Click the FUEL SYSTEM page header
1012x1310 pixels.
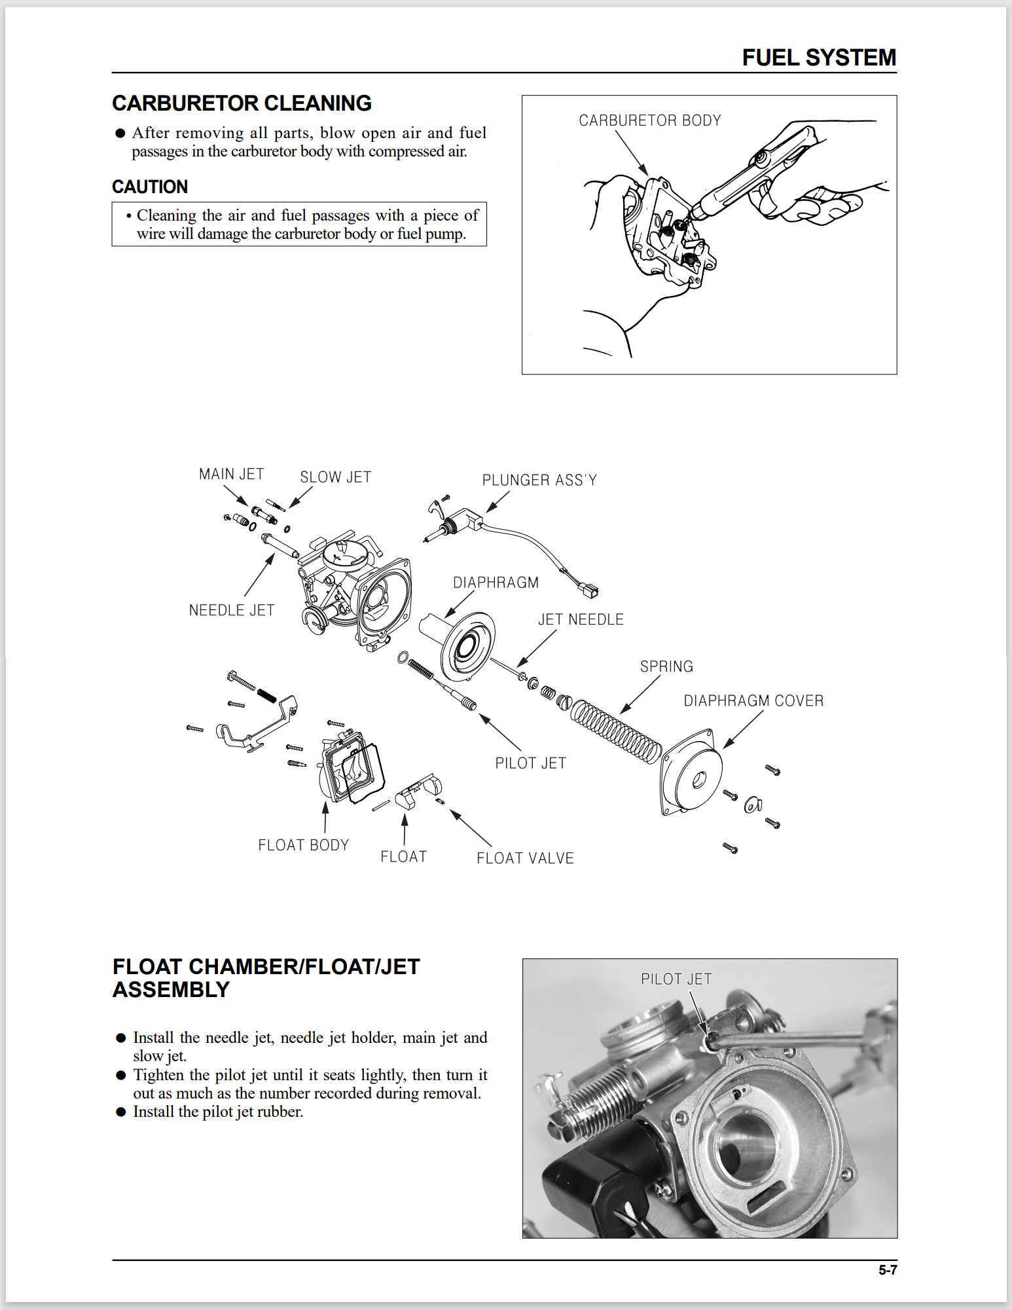click(818, 58)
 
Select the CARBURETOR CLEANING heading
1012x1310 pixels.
click(242, 103)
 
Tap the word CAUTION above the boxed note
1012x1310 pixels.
click(150, 187)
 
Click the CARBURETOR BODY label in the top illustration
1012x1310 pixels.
click(649, 120)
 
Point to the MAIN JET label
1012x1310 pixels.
click(231, 474)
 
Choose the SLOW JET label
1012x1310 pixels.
click(335, 477)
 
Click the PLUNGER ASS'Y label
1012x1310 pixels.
click(539, 481)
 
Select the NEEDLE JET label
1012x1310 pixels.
click(231, 610)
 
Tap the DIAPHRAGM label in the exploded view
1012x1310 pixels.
click(496, 583)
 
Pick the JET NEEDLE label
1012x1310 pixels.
click(581, 619)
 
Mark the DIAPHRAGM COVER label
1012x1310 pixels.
click(753, 701)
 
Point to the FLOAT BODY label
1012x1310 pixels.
click(303, 845)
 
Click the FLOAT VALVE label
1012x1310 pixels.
click(525, 858)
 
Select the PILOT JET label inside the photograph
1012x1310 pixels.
click(676, 979)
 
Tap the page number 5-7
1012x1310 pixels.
click(887, 1270)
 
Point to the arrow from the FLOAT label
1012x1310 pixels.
click(405, 829)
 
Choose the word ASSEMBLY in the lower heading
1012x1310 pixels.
click(171, 990)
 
